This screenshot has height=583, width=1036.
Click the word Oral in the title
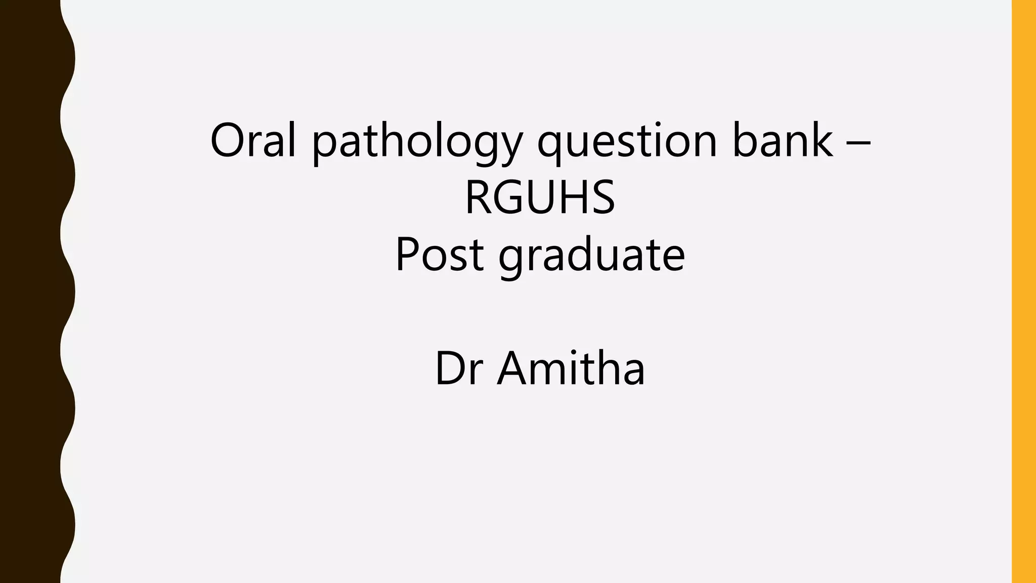click(252, 141)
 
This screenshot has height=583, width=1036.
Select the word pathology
click(416, 143)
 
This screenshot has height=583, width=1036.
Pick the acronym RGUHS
click(540, 197)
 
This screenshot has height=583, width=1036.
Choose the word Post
click(439, 255)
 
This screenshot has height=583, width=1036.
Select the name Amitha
click(571, 368)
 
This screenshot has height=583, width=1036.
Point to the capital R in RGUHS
click(479, 197)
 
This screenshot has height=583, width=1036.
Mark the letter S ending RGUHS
click(602, 197)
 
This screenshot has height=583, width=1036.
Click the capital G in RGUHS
click(512, 197)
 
